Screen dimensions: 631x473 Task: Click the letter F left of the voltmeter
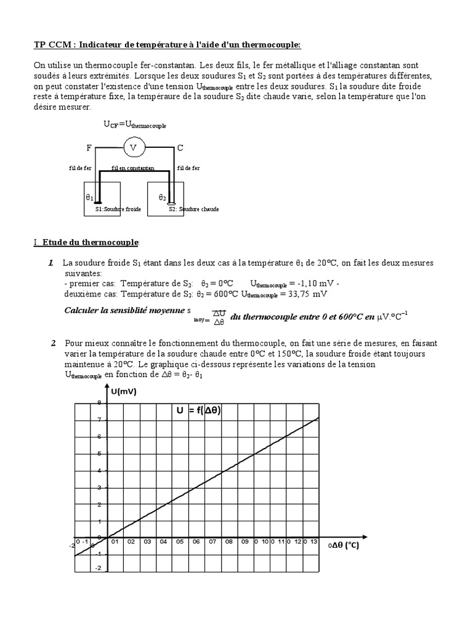pos(89,149)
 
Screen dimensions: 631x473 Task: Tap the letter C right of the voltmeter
pos(180,148)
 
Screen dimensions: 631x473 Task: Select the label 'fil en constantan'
pos(132,168)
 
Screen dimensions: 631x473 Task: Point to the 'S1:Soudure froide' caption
pos(118,210)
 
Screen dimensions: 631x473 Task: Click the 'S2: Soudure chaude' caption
pos(193,210)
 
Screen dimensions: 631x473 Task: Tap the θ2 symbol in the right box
pos(162,197)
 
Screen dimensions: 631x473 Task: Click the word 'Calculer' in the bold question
pos(83,310)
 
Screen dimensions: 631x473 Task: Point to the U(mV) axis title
pos(124,391)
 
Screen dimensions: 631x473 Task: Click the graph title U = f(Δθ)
pos(198,411)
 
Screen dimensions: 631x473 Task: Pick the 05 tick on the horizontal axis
pos(180,542)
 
